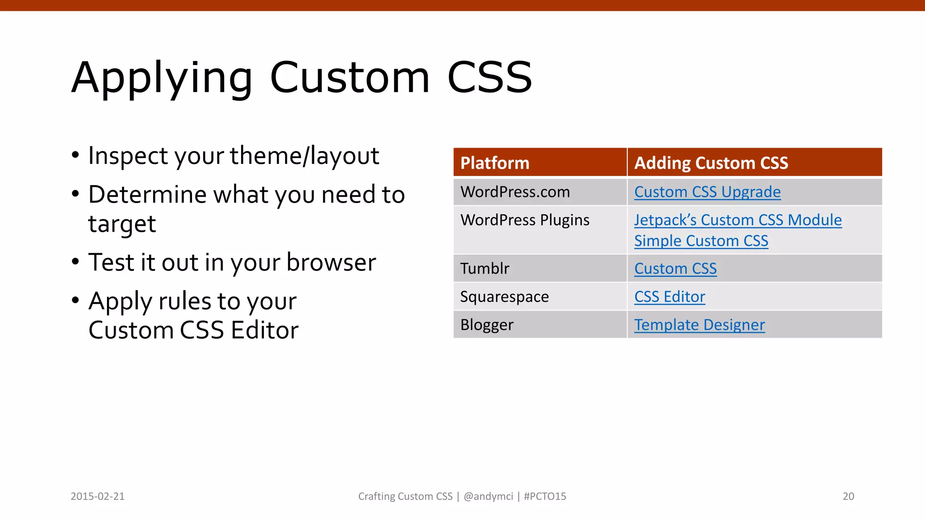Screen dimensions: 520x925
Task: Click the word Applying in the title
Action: point(162,78)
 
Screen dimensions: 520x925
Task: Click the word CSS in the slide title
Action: point(490,78)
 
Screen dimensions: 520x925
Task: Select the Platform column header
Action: point(495,163)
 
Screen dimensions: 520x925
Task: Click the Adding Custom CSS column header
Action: point(711,163)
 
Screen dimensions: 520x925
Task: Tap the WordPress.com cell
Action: point(515,192)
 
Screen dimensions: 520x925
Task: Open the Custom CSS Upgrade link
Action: point(707,192)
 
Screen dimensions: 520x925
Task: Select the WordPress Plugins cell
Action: point(525,220)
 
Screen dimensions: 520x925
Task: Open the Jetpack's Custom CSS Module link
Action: point(738,220)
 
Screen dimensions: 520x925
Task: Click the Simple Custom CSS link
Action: point(701,241)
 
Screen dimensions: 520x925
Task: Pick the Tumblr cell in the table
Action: point(485,269)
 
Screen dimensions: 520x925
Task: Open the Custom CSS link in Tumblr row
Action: point(675,269)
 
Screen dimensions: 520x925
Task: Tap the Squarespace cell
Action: point(505,297)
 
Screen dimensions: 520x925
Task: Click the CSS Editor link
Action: point(669,297)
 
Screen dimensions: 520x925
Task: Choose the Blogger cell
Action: point(487,325)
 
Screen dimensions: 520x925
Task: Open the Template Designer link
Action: point(699,325)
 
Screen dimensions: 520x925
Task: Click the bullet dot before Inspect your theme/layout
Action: point(75,155)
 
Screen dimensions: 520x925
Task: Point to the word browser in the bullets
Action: point(331,262)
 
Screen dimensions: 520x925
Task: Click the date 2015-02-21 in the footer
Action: point(98,496)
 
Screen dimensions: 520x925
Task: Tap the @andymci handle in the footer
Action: point(488,496)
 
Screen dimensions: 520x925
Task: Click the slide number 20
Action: point(848,496)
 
